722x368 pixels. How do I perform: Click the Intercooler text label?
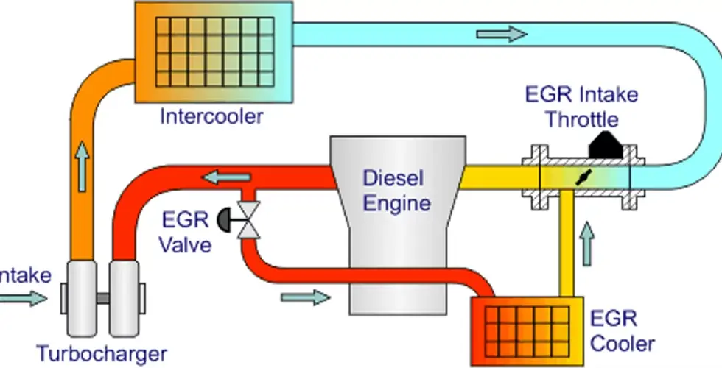point(211,116)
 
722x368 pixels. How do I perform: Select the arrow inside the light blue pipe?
point(502,35)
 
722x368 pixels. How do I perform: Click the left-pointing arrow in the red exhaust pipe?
point(225,177)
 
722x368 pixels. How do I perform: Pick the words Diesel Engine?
point(396,189)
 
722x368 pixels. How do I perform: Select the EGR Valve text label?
point(185,231)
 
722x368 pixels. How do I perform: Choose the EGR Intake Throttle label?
point(581,107)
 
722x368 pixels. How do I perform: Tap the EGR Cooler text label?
point(622,331)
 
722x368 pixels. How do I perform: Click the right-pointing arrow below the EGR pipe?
point(306,297)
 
